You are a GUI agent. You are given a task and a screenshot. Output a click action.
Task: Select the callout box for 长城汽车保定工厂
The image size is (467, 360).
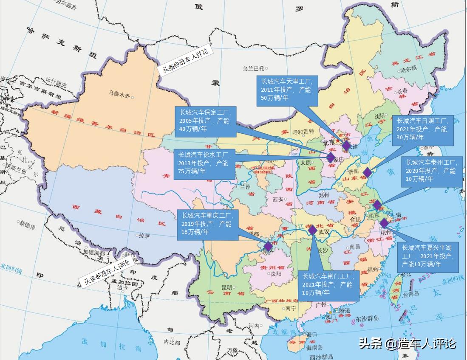click(205, 121)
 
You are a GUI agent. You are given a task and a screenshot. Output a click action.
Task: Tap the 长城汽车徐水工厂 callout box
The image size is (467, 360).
click(204, 163)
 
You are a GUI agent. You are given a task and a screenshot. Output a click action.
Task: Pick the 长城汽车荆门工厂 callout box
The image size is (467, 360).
click(328, 285)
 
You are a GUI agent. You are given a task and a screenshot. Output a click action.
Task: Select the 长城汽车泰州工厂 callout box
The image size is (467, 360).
click(431, 171)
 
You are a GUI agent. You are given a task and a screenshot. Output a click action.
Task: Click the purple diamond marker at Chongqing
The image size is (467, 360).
click(268, 246)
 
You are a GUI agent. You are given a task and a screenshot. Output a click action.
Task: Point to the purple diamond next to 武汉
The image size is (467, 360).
click(313, 230)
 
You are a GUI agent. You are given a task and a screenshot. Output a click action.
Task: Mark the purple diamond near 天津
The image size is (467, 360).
click(346, 146)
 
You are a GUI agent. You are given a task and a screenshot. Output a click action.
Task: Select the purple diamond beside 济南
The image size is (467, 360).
click(367, 172)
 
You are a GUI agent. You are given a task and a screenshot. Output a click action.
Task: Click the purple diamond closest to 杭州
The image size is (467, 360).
click(384, 223)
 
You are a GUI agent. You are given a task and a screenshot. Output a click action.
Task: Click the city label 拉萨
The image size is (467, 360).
click(144, 235)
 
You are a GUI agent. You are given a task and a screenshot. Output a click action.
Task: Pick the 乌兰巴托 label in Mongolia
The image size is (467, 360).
click(254, 68)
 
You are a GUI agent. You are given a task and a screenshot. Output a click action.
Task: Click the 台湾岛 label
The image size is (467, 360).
click(411, 293)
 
